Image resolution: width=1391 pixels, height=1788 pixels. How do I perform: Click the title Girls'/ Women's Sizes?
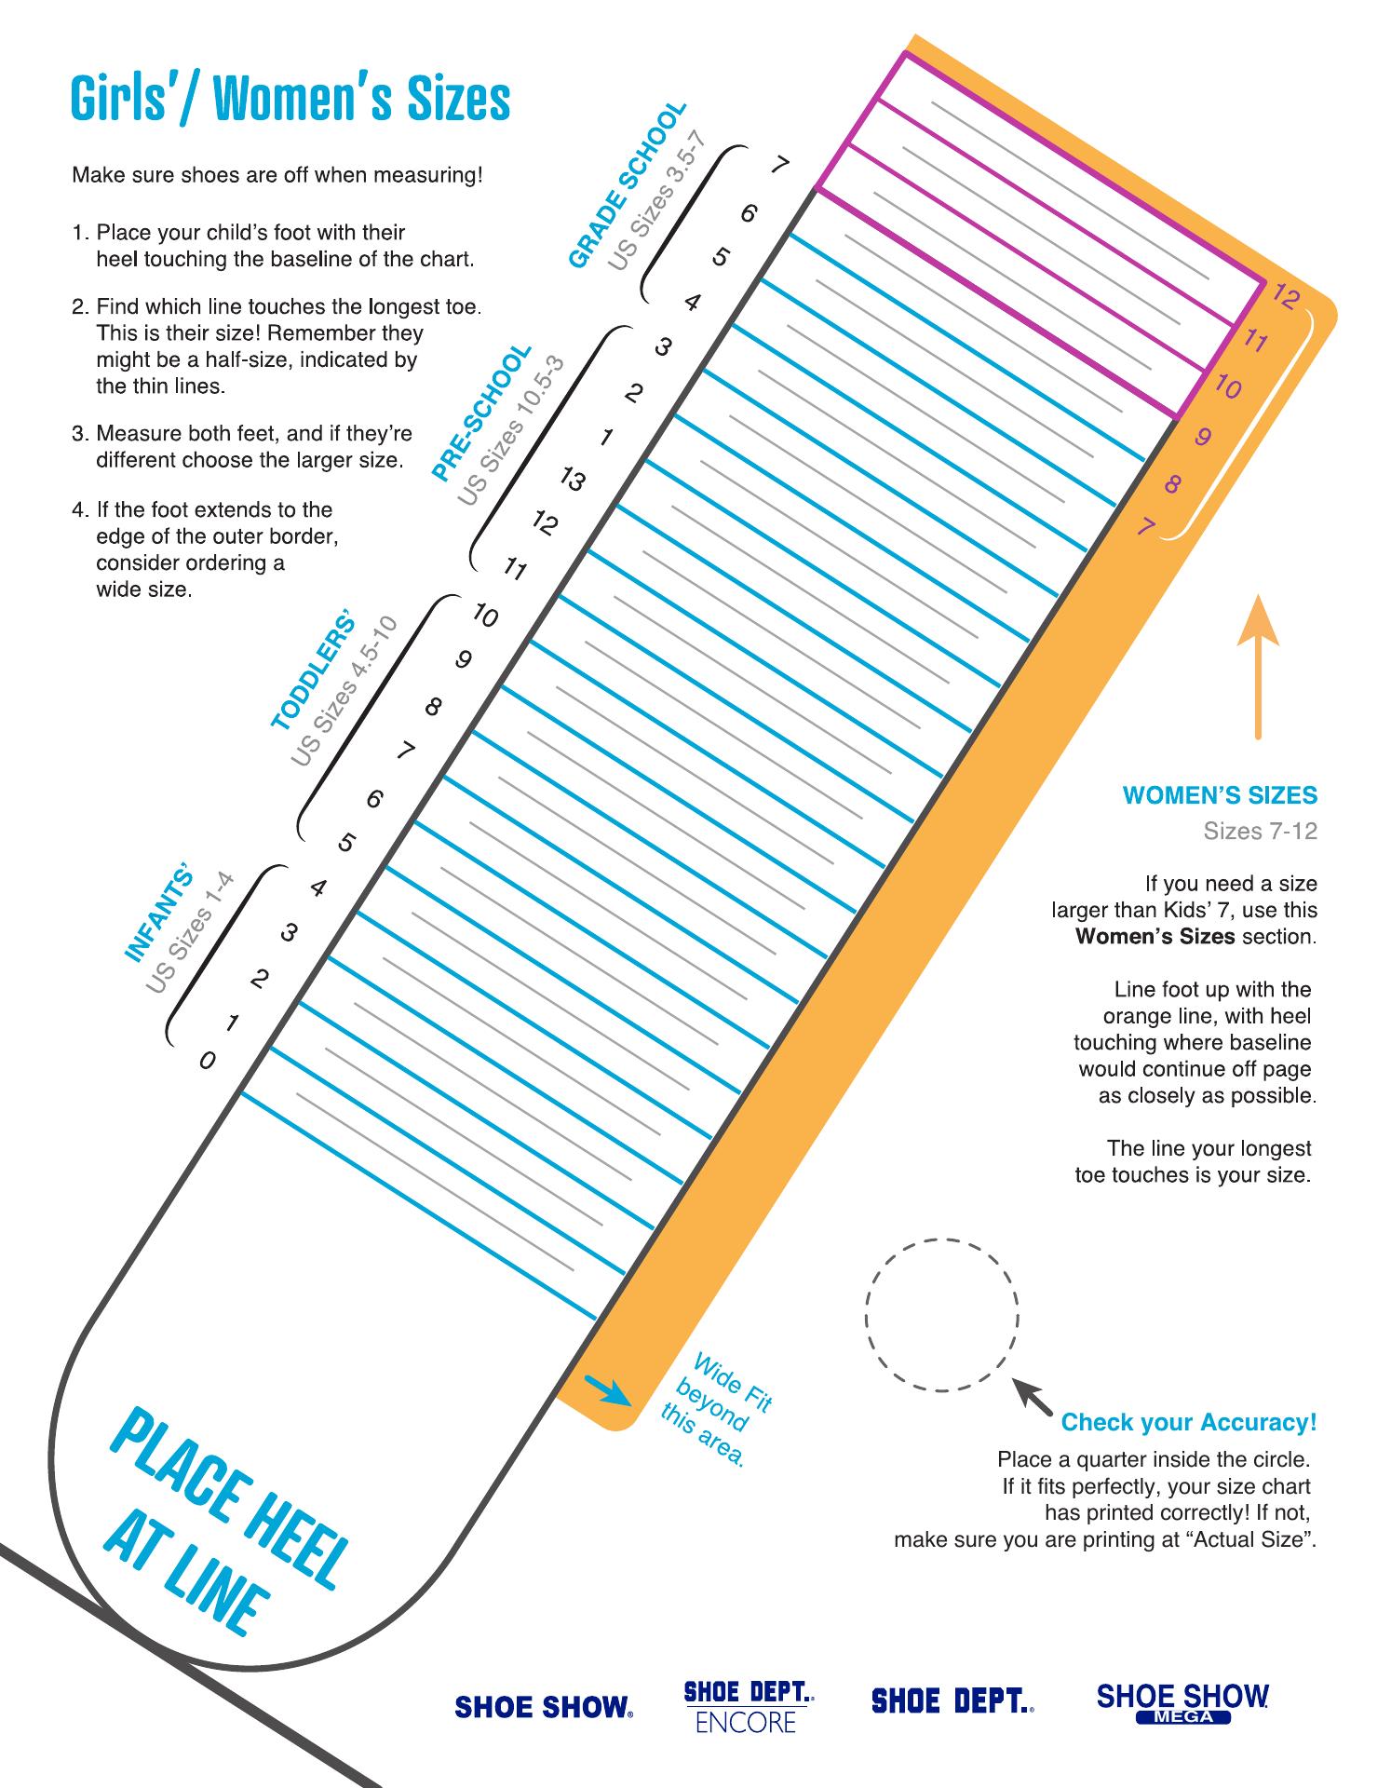(x=290, y=99)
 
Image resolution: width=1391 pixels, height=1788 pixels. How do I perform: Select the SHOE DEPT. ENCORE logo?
(x=748, y=1706)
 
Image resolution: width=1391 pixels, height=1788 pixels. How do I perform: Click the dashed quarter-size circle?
(x=941, y=1315)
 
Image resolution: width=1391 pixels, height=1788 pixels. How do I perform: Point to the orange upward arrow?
(x=1258, y=666)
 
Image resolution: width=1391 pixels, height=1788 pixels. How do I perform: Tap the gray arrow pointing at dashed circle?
(x=1032, y=1395)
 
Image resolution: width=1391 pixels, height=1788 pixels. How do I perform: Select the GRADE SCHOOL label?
(x=628, y=185)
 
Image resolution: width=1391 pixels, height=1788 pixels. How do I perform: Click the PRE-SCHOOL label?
(x=481, y=413)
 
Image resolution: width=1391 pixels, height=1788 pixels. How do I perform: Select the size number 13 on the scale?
(x=573, y=480)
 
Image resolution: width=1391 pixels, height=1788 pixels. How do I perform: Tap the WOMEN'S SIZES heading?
(x=1220, y=795)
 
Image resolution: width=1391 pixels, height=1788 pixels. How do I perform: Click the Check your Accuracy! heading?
(x=1189, y=1422)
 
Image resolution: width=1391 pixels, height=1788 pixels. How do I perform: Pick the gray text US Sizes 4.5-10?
(x=344, y=692)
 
